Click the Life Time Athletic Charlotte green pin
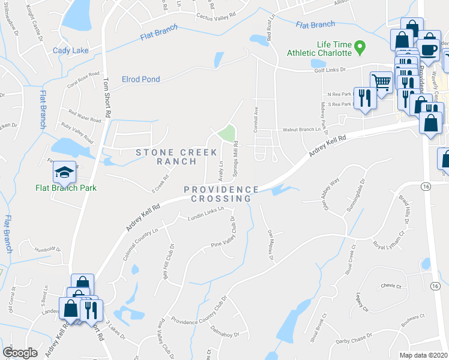coord(360,46)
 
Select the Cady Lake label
coord(70,50)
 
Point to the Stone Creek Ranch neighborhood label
coord(176,157)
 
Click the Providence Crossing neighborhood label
coord(221,194)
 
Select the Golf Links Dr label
coord(331,70)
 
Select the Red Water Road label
coord(85,116)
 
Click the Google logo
coord(20,353)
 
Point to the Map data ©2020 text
coord(424,355)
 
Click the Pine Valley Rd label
coord(224,244)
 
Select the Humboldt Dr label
coord(48,248)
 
